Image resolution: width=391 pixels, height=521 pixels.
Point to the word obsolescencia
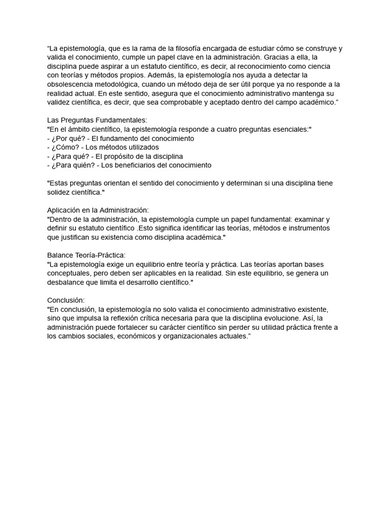click(x=71, y=84)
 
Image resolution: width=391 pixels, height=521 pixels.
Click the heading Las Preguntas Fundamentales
click(x=97, y=121)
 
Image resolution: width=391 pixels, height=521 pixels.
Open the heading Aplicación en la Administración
click(x=98, y=210)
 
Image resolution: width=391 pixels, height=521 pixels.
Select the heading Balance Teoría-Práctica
click(x=87, y=255)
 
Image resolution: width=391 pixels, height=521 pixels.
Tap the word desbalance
click(x=67, y=282)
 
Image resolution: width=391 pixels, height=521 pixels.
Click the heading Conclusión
click(x=66, y=300)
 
